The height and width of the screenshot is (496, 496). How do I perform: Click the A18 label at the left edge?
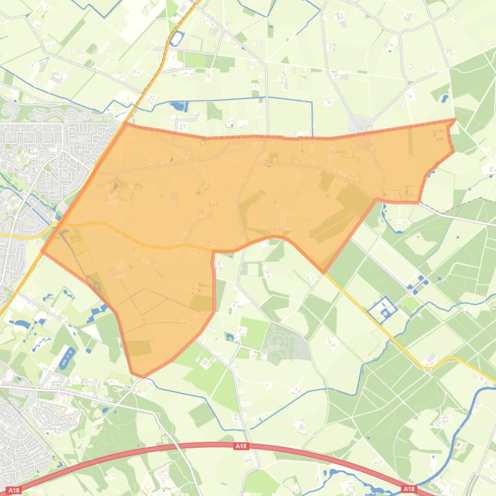pyautogui.click(x=14, y=490)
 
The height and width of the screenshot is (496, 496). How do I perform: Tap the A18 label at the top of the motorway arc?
pyautogui.click(x=241, y=446)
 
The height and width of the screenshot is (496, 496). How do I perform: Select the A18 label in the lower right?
pyautogui.click(x=409, y=489)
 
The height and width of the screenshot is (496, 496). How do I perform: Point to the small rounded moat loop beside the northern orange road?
pyautogui.click(x=176, y=39)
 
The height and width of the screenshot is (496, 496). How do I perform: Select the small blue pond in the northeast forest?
pyautogui.click(x=444, y=99)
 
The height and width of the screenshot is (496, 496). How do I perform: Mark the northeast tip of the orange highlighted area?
pyautogui.click(x=454, y=120)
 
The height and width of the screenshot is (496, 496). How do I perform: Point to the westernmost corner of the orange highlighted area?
pyautogui.click(x=43, y=251)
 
